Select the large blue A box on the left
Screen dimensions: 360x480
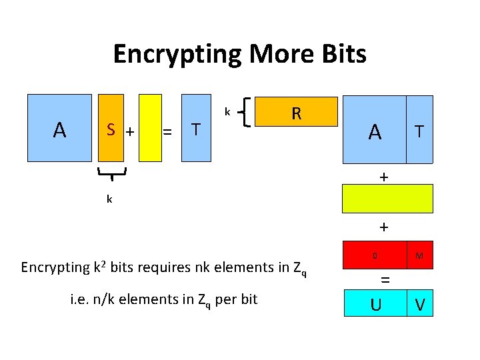point(59,128)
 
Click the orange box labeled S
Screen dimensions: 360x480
point(111,128)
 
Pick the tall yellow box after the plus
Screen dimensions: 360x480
point(151,128)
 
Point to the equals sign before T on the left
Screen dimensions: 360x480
point(168,132)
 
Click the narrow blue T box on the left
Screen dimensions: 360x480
point(197,128)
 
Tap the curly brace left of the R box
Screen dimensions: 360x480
point(247,111)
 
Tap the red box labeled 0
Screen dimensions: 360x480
point(375,255)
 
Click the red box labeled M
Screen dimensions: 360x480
point(419,255)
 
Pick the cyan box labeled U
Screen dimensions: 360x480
point(375,304)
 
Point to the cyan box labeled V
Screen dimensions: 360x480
point(419,304)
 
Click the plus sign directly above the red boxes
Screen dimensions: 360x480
point(383,227)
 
